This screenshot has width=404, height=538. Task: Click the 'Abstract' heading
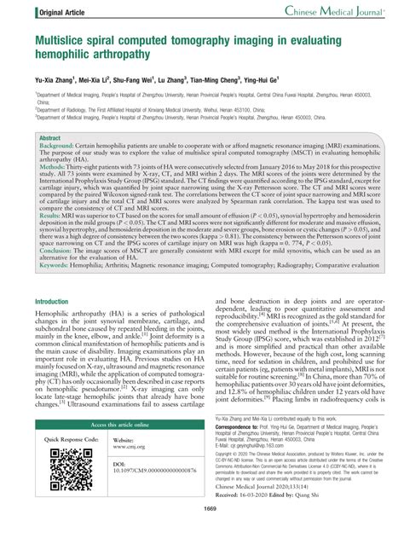pos(50,137)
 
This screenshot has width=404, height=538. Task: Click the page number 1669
pos(202,533)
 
